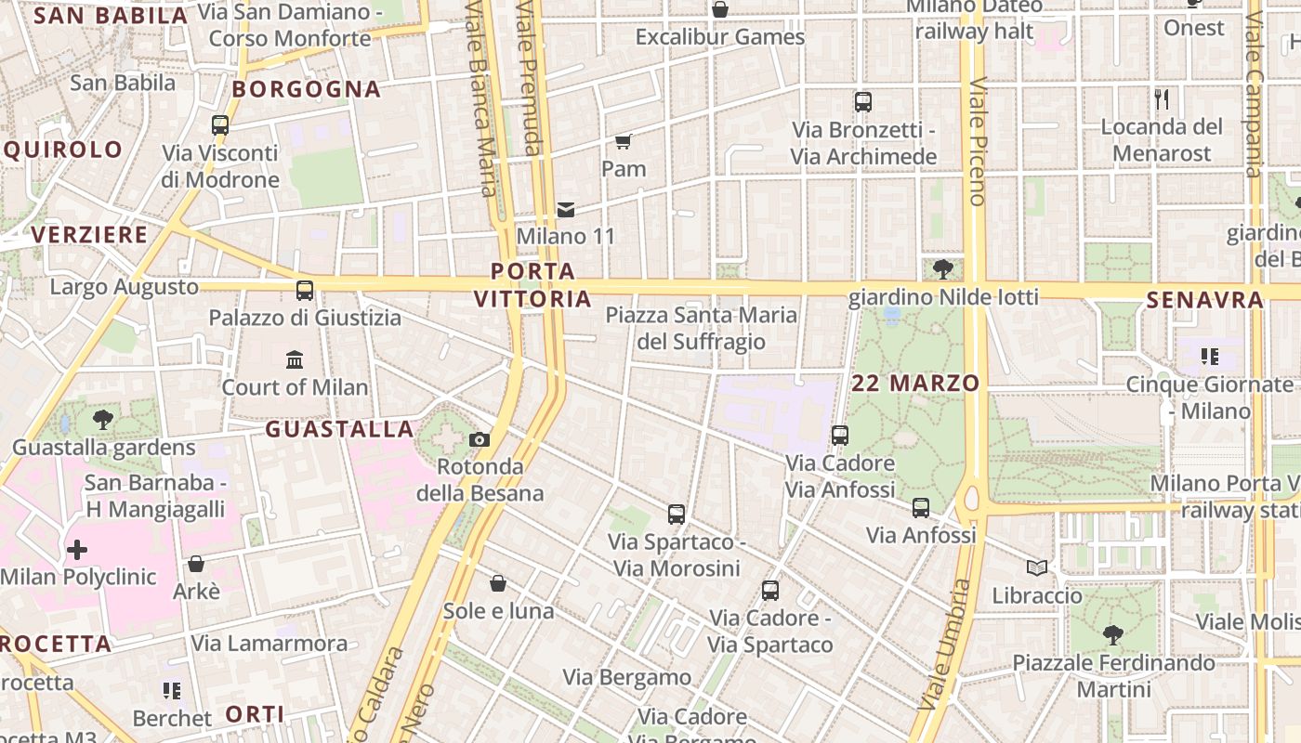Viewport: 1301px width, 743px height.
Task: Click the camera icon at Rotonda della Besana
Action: pyautogui.click(x=480, y=439)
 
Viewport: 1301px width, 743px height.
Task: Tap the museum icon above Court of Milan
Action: pyautogui.click(x=295, y=359)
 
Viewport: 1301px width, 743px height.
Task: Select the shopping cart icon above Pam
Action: pyautogui.click(x=624, y=141)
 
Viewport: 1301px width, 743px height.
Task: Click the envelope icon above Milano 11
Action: pyautogui.click(x=566, y=210)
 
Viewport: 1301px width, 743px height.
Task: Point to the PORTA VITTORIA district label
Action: pyautogui.click(x=532, y=285)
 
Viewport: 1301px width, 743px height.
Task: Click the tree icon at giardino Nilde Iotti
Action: pyautogui.click(x=943, y=269)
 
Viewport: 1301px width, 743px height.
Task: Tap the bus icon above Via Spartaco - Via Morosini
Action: pyautogui.click(x=677, y=514)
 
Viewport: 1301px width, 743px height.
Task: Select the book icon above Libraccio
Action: pyautogui.click(x=1037, y=567)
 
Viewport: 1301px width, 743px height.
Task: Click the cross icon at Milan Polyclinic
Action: pyautogui.click(x=77, y=550)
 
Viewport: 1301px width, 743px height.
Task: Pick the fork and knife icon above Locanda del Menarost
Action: pyautogui.click(x=1162, y=98)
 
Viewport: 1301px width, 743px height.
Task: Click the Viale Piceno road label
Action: pyautogui.click(x=977, y=141)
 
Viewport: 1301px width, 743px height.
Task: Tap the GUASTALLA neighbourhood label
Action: pyautogui.click(x=339, y=429)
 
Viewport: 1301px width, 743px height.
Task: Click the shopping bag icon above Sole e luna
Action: pyautogui.click(x=498, y=583)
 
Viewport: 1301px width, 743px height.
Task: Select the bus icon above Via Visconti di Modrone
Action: pyautogui.click(x=220, y=124)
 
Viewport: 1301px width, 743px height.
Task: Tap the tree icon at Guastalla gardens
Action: pyautogui.click(x=103, y=420)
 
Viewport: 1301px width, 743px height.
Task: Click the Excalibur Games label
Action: pyautogui.click(x=720, y=37)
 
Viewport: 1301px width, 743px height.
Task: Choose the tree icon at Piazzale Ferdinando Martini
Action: pyautogui.click(x=1112, y=635)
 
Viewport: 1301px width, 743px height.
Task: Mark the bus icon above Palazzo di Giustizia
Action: pyautogui.click(x=305, y=290)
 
